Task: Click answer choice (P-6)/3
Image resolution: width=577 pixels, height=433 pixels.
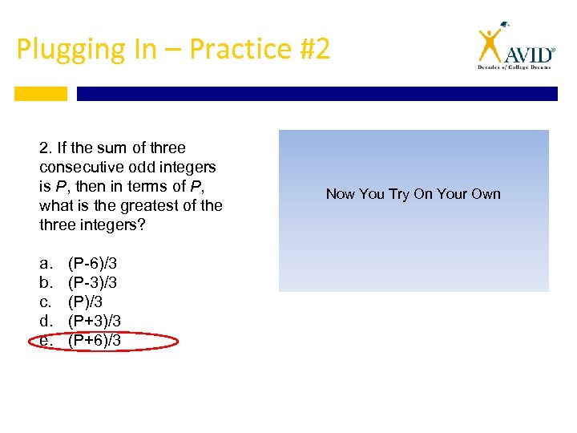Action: [x=95, y=263]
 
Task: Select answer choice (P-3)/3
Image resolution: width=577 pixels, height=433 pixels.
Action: [x=95, y=282]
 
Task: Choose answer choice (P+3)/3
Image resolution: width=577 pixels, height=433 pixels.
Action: [x=95, y=321]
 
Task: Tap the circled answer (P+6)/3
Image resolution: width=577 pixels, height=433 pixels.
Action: [x=95, y=340]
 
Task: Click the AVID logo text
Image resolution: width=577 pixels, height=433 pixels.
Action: [x=529, y=55]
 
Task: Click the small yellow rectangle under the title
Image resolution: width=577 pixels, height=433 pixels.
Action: [x=41, y=94]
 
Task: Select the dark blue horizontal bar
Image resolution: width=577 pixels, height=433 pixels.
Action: [x=317, y=94]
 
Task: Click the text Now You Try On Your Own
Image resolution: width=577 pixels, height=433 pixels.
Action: [x=413, y=194]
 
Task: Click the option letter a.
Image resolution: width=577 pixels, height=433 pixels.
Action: [x=43, y=263]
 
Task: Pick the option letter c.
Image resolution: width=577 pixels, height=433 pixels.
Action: [x=43, y=301]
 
